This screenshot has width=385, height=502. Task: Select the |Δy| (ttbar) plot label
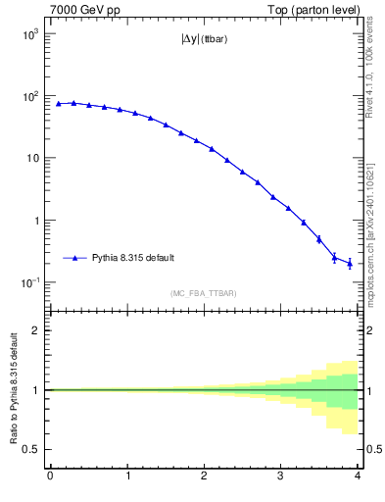(204, 40)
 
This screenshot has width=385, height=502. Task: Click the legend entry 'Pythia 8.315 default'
(132, 258)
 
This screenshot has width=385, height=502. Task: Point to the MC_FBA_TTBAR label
(204, 293)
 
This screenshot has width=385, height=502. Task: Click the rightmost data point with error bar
(350, 263)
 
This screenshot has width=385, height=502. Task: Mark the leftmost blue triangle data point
(58, 103)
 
